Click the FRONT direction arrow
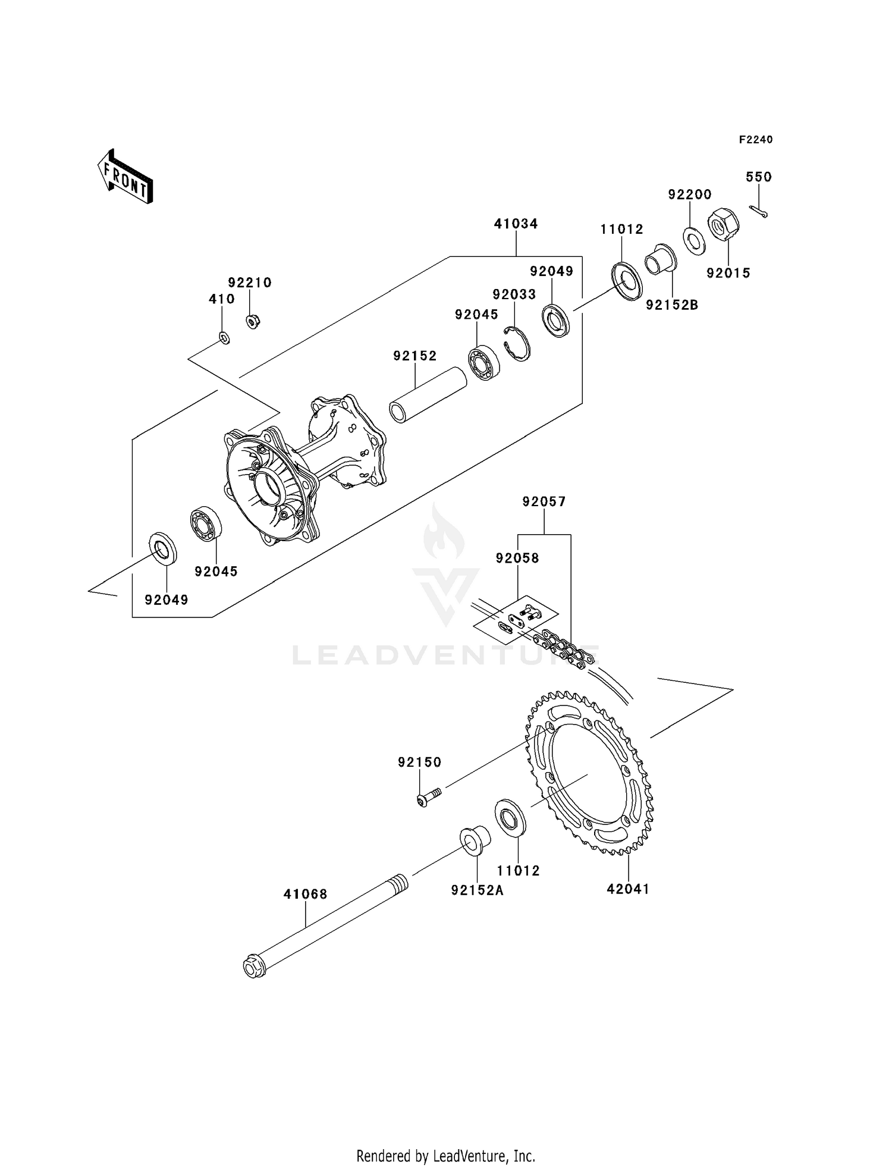[125, 177]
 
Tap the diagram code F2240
[755, 140]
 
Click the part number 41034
[516, 224]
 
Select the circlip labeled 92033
[517, 344]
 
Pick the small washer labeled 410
[224, 338]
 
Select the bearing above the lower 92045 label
[206, 523]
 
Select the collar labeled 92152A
[475, 840]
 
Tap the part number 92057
[544, 502]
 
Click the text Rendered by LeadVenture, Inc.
[445, 1156]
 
